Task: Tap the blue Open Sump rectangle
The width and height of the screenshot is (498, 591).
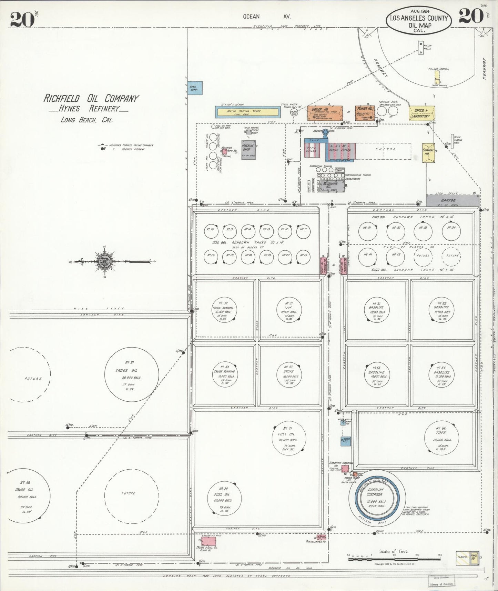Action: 195,88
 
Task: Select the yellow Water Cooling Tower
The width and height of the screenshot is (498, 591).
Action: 247,111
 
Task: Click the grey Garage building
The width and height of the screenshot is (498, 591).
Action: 452,200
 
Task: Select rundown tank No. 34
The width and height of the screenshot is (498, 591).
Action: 451,231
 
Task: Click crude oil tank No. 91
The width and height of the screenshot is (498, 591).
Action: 132,373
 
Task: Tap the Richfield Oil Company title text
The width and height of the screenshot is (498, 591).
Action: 91,98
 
